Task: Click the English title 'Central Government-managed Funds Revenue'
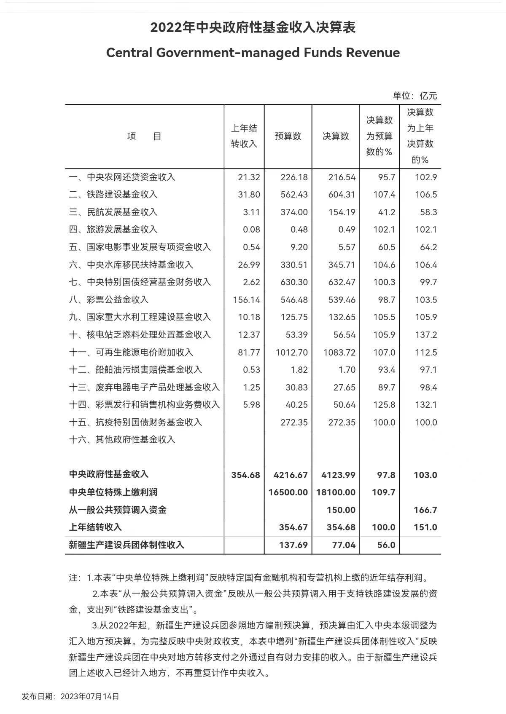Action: click(253, 53)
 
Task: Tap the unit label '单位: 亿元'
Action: click(415, 96)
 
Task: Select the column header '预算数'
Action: click(288, 136)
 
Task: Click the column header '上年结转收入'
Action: click(244, 136)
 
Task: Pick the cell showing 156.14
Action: click(247, 300)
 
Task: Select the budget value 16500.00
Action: click(288, 492)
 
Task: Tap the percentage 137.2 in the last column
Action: click(426, 335)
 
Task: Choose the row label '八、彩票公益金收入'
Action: click(109, 300)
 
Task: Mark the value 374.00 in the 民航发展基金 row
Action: click(294, 212)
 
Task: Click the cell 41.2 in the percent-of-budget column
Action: click(386, 212)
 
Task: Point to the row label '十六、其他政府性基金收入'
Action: click(122, 439)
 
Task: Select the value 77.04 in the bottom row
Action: click(344, 545)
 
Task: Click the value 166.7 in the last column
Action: click(425, 510)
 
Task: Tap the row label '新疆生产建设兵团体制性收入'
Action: click(126, 545)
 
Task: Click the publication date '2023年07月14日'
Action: click(90, 696)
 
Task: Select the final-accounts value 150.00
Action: click(341, 510)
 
